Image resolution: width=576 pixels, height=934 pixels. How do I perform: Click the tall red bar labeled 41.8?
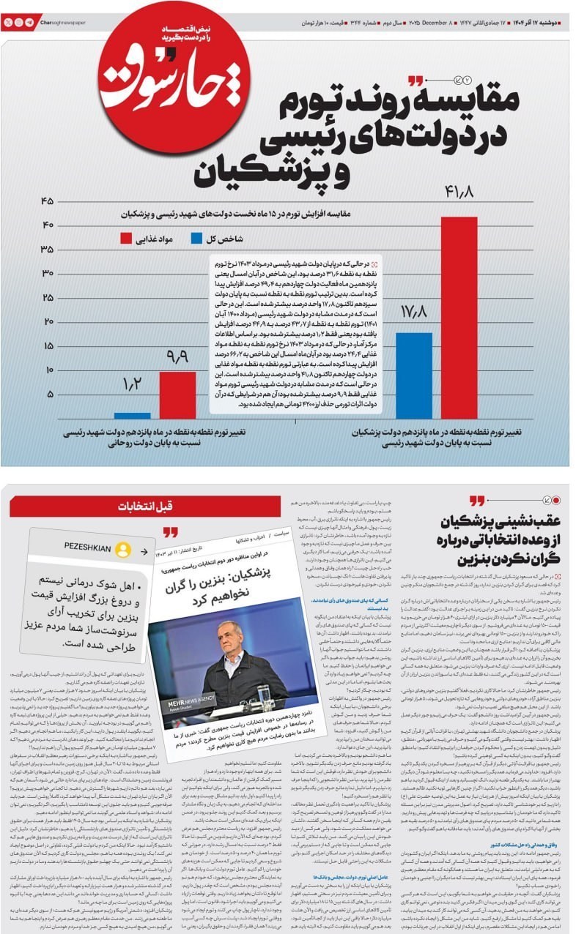pyautogui.click(x=459, y=318)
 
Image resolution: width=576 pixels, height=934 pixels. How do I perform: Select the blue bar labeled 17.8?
pyautogui.click(x=414, y=376)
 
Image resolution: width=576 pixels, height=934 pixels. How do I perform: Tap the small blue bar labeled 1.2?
pyautogui.click(x=133, y=415)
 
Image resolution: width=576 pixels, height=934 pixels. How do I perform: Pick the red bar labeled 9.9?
pyautogui.click(x=177, y=395)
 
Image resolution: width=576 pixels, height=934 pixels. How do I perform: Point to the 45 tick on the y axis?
pyautogui.click(x=48, y=201)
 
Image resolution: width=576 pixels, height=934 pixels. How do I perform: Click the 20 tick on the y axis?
pyautogui.click(x=48, y=321)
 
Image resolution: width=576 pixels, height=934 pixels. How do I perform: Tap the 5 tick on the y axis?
pyautogui.click(x=49, y=395)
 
